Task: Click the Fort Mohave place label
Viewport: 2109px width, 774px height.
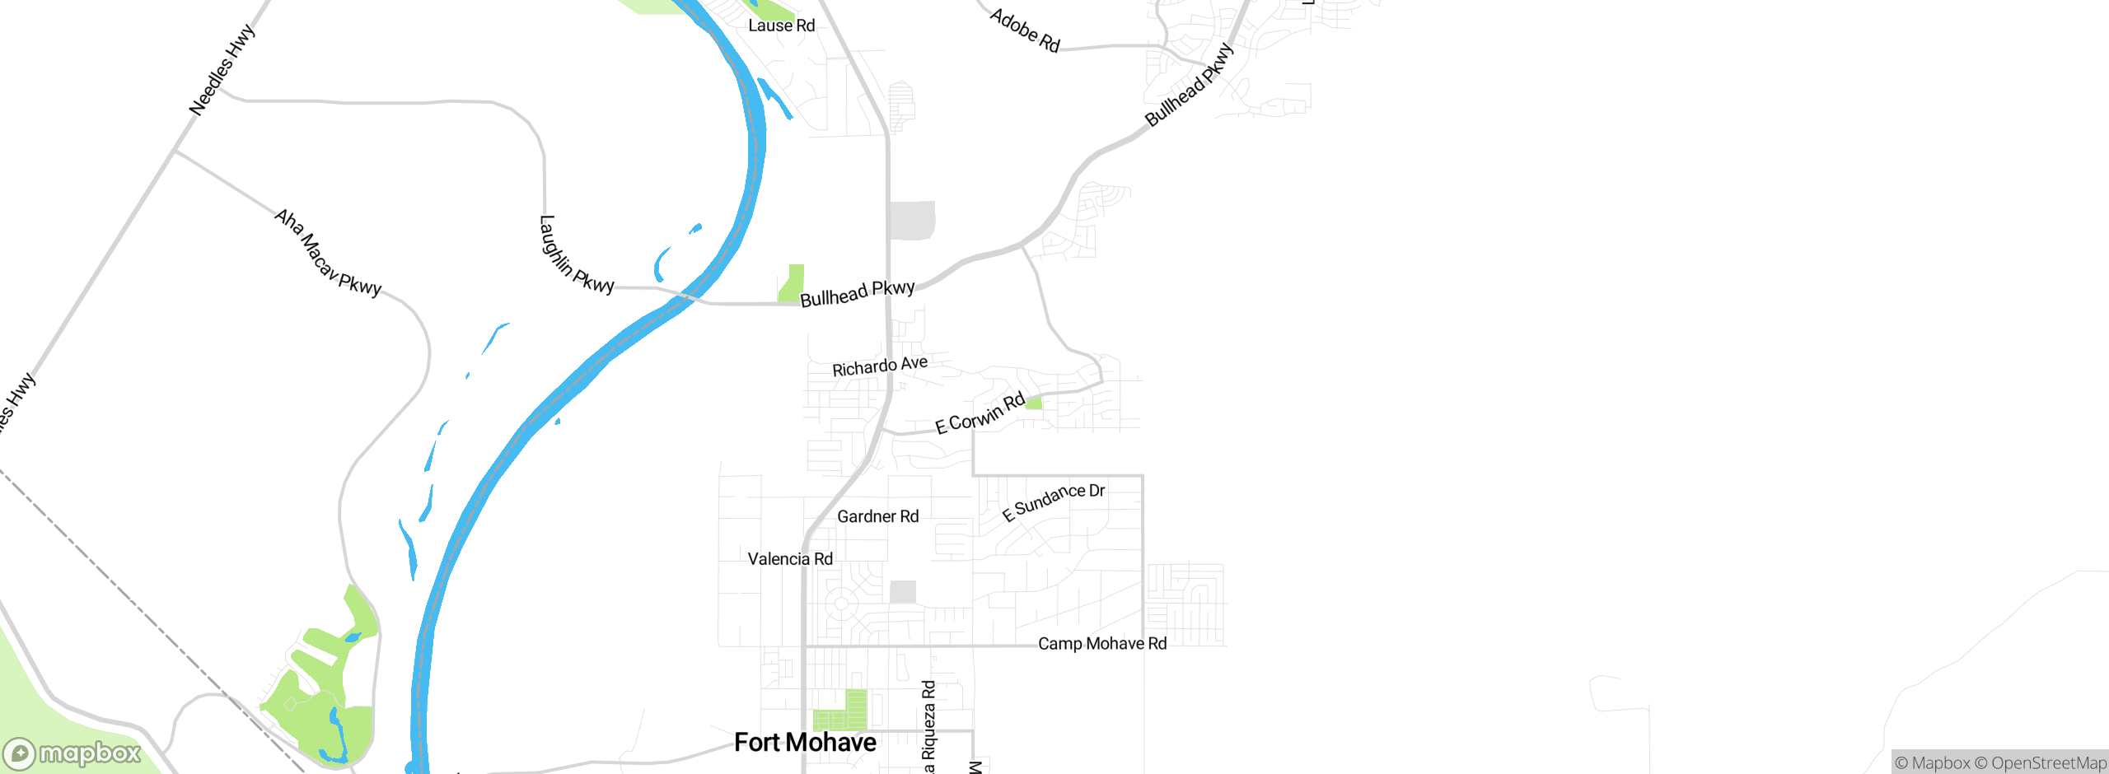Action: (x=805, y=743)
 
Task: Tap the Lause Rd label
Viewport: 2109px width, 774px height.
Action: (x=781, y=26)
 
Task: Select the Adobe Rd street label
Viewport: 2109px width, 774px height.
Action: (x=1025, y=30)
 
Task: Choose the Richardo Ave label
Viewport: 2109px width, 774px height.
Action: (x=880, y=366)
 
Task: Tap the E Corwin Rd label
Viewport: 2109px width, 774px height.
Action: (x=980, y=413)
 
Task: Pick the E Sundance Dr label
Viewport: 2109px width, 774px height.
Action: (x=1053, y=501)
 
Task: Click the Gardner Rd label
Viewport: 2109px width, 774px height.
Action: (x=877, y=516)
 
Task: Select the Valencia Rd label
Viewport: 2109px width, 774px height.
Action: (x=790, y=559)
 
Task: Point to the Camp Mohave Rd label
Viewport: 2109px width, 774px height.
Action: (x=1102, y=643)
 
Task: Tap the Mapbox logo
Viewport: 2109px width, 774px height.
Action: (x=72, y=753)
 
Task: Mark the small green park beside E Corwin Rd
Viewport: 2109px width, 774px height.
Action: (x=1034, y=403)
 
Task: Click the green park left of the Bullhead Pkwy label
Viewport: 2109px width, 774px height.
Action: (x=792, y=283)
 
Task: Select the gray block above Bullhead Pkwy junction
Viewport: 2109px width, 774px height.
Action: (x=913, y=221)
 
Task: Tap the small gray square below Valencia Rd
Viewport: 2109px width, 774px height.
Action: (x=903, y=591)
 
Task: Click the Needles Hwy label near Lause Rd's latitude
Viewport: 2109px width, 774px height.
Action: (x=222, y=70)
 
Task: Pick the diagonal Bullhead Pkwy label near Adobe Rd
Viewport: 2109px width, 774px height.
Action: (x=1190, y=85)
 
